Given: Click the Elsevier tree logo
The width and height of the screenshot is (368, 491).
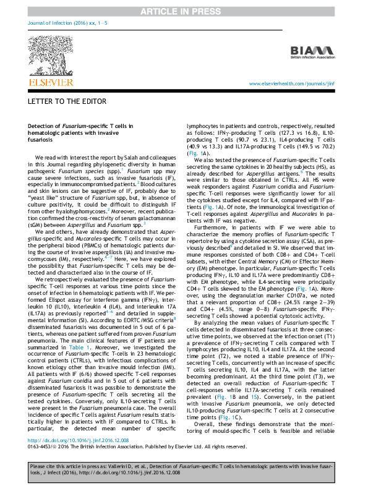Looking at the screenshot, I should point(49,53).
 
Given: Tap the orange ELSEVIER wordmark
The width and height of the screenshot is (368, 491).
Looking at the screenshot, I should point(49,80).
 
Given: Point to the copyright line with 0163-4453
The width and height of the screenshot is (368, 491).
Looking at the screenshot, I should point(124,450).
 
